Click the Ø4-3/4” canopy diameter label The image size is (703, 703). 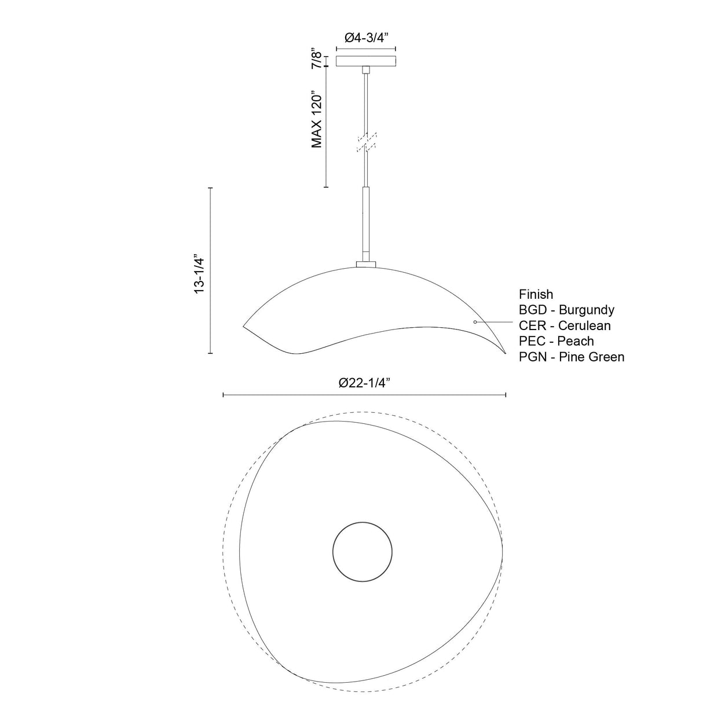coord(365,38)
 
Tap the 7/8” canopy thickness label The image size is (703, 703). coord(317,58)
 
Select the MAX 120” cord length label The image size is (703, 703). coord(317,119)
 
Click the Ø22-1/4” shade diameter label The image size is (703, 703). coord(364,383)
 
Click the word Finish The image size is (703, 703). coord(536,294)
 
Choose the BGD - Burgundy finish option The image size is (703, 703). coord(566,310)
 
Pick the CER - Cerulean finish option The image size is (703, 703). coord(565,325)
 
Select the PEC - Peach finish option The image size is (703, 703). coord(556,341)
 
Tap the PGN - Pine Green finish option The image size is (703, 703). coord(572,357)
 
